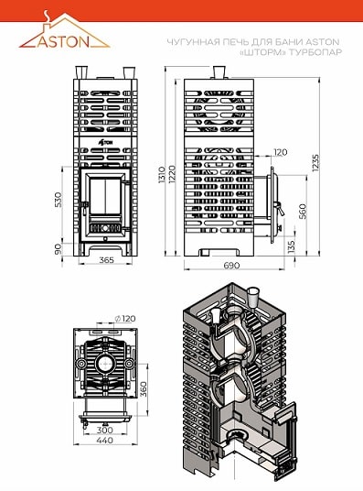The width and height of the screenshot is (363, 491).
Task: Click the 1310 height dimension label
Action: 162,175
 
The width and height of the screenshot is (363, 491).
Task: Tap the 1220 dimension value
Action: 172,174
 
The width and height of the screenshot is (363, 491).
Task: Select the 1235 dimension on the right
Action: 315,162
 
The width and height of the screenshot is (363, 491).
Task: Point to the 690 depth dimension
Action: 231,266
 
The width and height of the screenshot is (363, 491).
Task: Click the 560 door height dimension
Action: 303,212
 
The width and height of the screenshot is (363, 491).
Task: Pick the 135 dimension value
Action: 291,246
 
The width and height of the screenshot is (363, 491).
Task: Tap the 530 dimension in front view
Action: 59,200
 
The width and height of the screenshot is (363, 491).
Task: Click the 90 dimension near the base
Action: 59,249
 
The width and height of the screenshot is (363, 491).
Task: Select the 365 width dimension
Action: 107,260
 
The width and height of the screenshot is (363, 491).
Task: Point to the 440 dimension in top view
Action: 105,441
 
